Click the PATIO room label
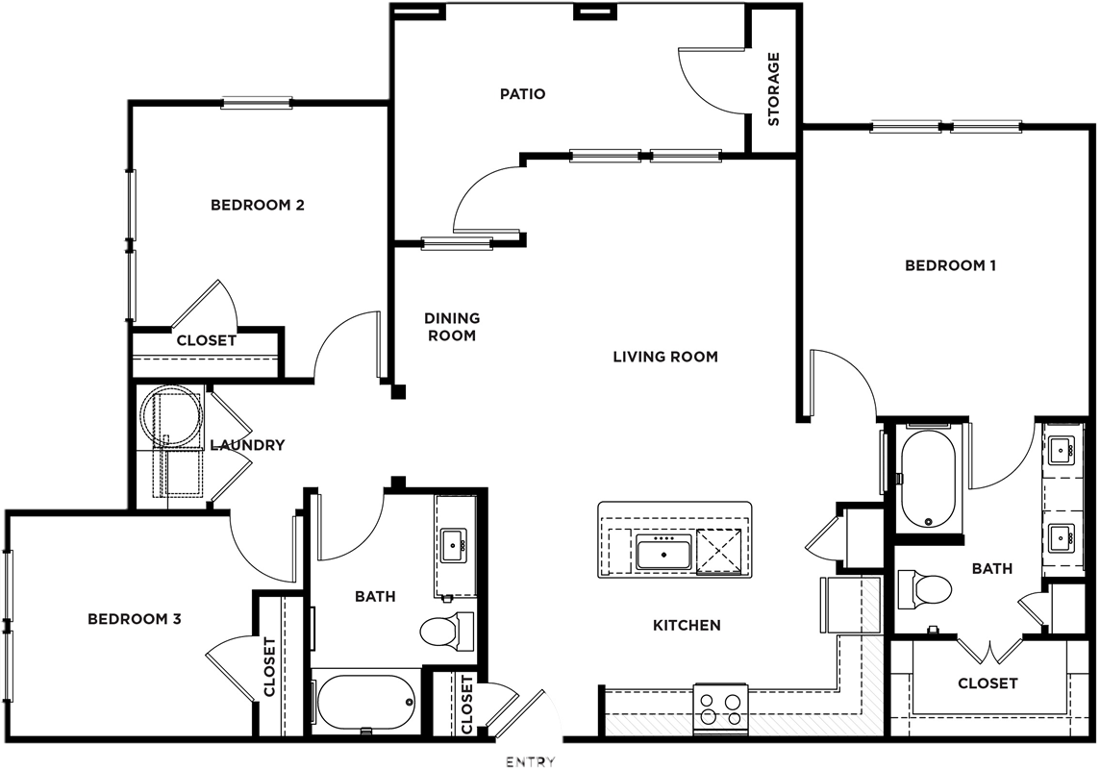[523, 94]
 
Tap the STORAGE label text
[774, 89]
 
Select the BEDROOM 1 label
[951, 265]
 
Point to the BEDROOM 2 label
[258, 206]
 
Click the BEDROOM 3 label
[135, 619]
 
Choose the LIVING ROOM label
[665, 357]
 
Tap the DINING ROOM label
[452, 327]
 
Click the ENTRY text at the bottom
[531, 762]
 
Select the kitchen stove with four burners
[720, 708]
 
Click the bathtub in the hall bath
[364, 703]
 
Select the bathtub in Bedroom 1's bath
[928, 481]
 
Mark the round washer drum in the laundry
[172, 415]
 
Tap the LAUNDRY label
[248, 445]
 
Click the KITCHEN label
[687, 626]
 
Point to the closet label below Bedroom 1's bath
[987, 682]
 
